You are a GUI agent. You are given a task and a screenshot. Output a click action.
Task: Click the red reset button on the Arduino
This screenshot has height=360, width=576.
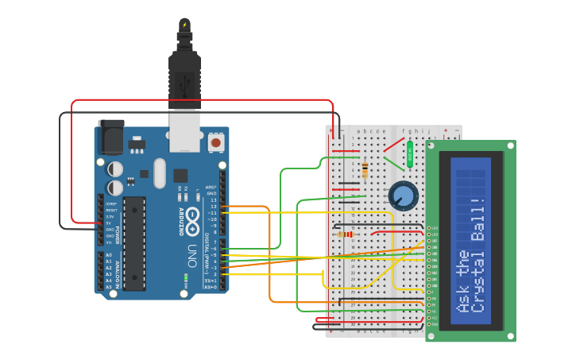point(215,142)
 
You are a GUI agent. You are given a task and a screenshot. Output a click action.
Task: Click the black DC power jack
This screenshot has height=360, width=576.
point(110,137)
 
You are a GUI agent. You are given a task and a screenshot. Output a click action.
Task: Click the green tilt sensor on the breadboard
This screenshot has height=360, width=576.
point(410,154)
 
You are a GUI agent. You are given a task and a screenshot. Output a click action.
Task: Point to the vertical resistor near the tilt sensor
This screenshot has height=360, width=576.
point(365,170)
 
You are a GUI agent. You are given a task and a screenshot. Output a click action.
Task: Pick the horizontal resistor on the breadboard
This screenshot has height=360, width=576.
point(346,234)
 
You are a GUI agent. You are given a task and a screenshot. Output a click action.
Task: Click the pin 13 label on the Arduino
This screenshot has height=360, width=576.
point(212,199)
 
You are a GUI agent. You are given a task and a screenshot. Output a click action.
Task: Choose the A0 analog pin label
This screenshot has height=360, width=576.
point(109,255)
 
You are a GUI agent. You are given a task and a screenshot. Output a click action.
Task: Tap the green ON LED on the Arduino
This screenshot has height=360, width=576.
point(185,278)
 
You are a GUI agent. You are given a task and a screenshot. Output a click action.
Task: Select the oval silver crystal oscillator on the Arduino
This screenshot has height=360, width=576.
point(160,173)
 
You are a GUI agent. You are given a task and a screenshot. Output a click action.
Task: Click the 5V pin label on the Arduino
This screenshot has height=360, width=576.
point(109,223)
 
